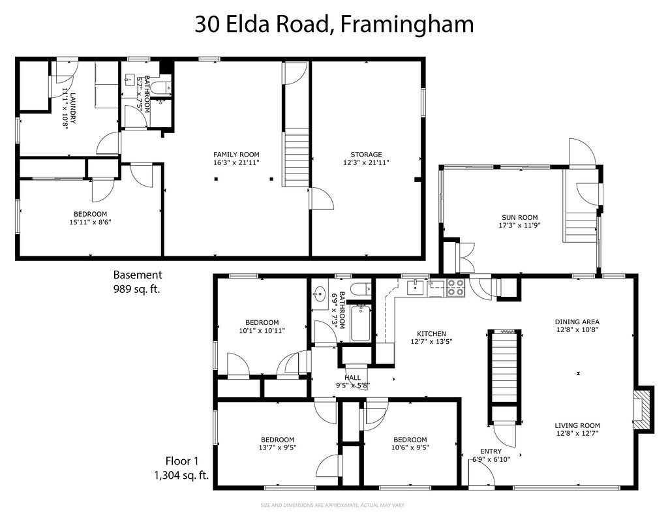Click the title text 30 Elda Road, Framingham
tap(333, 24)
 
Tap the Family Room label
tap(236, 155)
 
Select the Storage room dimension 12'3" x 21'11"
tap(365, 162)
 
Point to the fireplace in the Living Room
tap(644, 409)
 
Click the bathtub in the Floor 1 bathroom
tap(359, 324)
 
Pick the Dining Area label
tap(577, 322)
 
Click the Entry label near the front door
tap(491, 451)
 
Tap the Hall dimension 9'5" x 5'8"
tap(352, 385)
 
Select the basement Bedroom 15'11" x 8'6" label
tap(90, 214)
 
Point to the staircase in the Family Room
tap(297, 157)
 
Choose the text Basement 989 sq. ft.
tap(137, 281)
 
